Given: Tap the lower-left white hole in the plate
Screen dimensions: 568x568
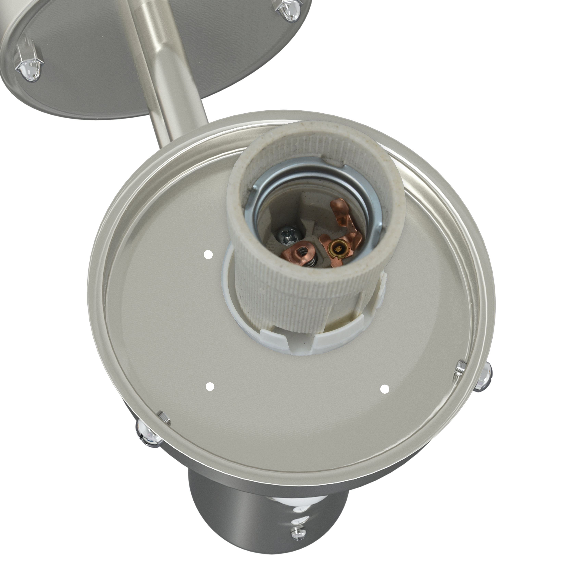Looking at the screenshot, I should [210, 386].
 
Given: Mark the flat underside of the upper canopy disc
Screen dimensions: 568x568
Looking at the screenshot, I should [97, 59].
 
